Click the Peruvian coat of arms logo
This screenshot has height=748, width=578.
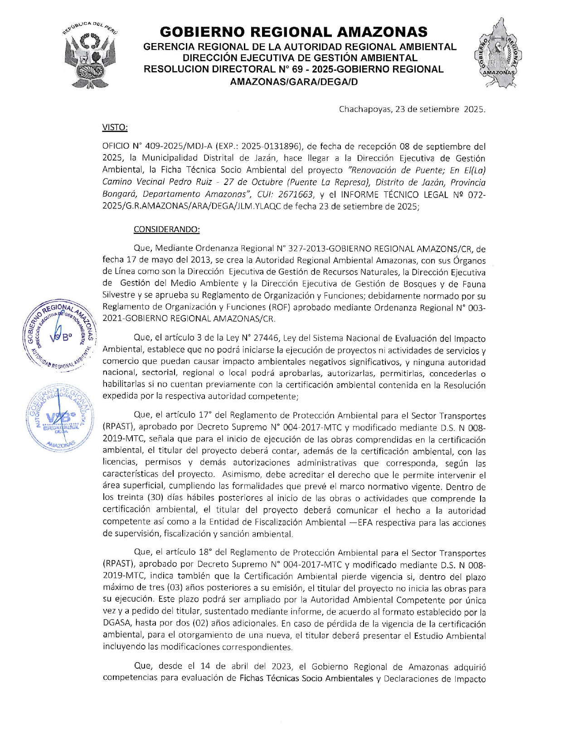(90, 55)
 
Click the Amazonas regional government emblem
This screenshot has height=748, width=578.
(498, 54)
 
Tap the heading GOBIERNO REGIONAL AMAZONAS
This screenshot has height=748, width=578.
(293, 32)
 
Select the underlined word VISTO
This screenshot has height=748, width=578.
(115, 127)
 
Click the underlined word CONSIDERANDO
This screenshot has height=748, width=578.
(166, 229)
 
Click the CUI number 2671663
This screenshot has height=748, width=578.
(295, 194)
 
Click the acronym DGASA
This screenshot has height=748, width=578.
(117, 623)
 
